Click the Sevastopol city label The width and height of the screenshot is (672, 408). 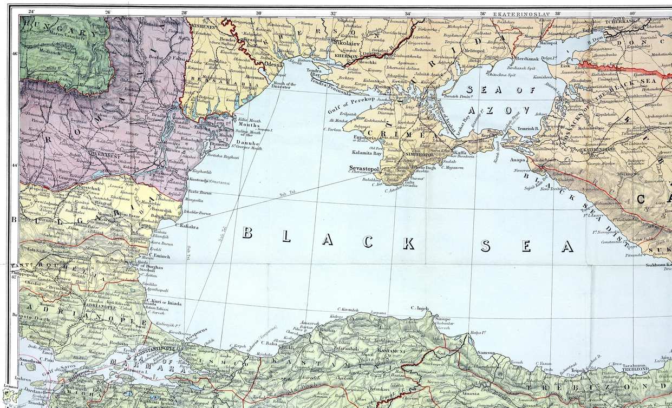pos(364,168)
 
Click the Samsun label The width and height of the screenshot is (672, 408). pos(486,353)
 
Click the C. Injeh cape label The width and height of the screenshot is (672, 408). pos(420,308)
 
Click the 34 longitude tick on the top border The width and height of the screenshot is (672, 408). pos(407,12)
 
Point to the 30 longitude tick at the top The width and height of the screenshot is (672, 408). pos(258,12)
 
